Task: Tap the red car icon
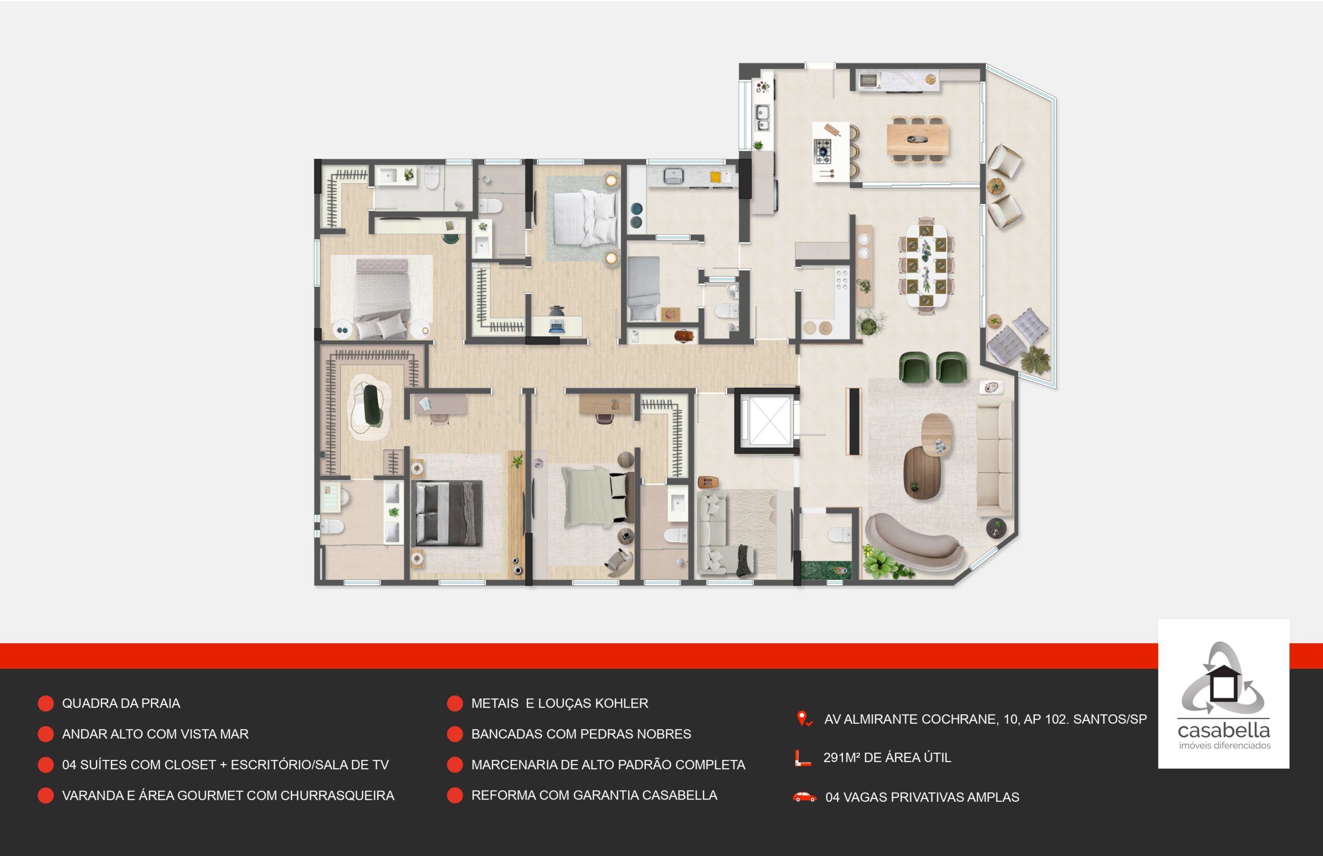(x=804, y=797)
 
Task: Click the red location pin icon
(x=804, y=719)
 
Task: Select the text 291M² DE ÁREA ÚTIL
(x=887, y=758)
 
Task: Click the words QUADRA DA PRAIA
(x=121, y=704)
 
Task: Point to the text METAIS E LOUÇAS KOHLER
(x=560, y=704)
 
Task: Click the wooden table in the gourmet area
(x=917, y=139)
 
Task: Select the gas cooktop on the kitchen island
(x=823, y=150)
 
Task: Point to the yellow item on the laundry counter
(x=716, y=177)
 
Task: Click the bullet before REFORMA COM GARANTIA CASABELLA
(x=454, y=796)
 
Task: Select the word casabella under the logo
(x=1224, y=730)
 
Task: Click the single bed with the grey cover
(x=644, y=288)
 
